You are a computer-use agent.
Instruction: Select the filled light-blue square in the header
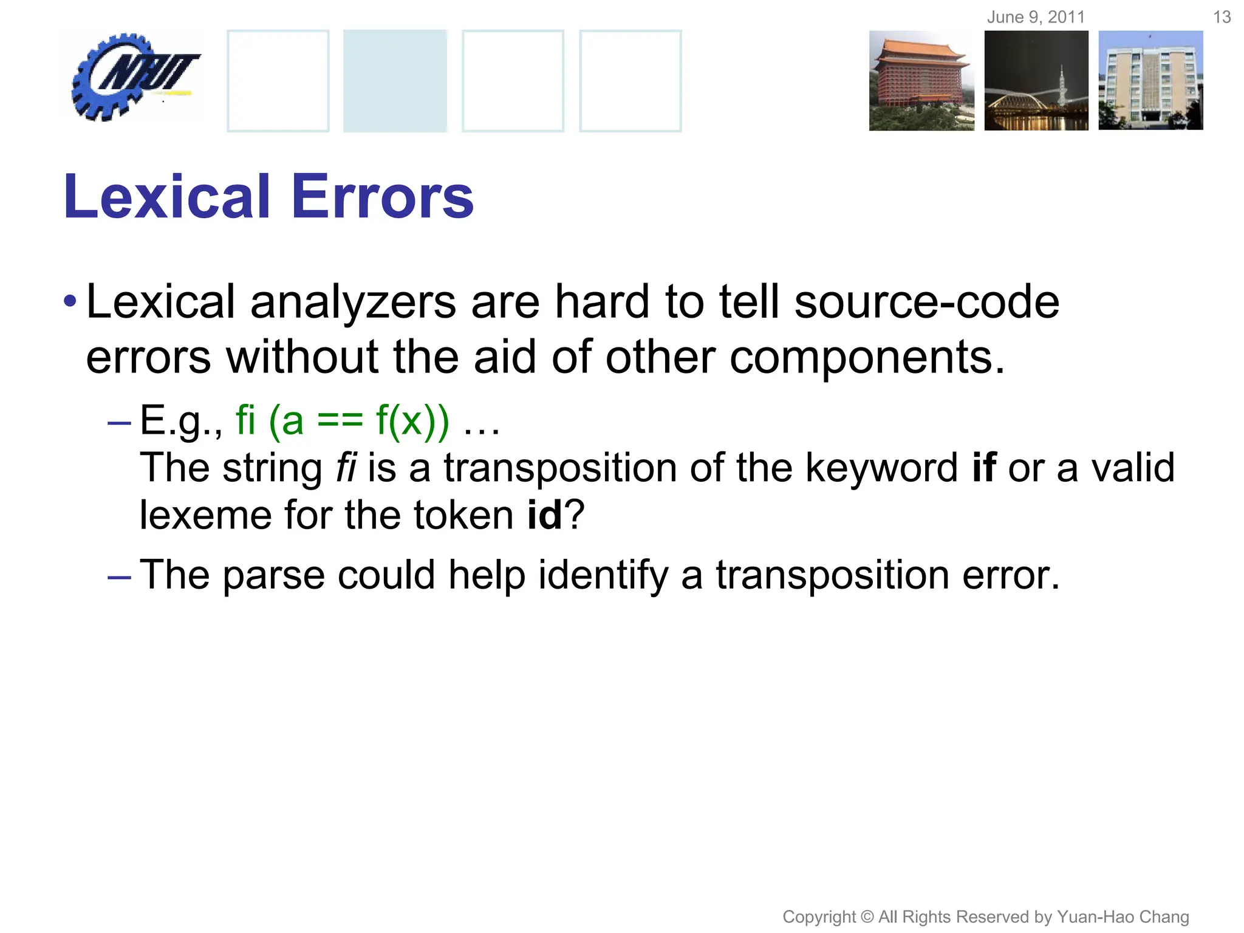(395, 81)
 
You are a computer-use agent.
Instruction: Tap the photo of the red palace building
(921, 81)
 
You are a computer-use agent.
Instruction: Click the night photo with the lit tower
(1036, 81)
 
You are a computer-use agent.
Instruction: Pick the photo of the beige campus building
(1150, 81)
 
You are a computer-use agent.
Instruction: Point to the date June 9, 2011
(1036, 17)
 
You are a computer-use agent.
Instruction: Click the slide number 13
(1222, 17)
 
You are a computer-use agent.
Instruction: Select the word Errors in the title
(383, 197)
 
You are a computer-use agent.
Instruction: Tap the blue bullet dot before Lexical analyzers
(70, 301)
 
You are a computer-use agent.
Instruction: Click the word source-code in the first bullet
(926, 302)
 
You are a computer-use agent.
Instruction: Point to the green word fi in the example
(245, 420)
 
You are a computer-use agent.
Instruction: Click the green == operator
(340, 421)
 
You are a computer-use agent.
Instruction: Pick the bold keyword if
(984, 468)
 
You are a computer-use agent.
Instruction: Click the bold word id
(544, 515)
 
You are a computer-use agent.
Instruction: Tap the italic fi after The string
(346, 468)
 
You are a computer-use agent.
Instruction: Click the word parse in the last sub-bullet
(274, 575)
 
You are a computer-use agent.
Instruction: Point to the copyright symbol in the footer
(867, 917)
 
